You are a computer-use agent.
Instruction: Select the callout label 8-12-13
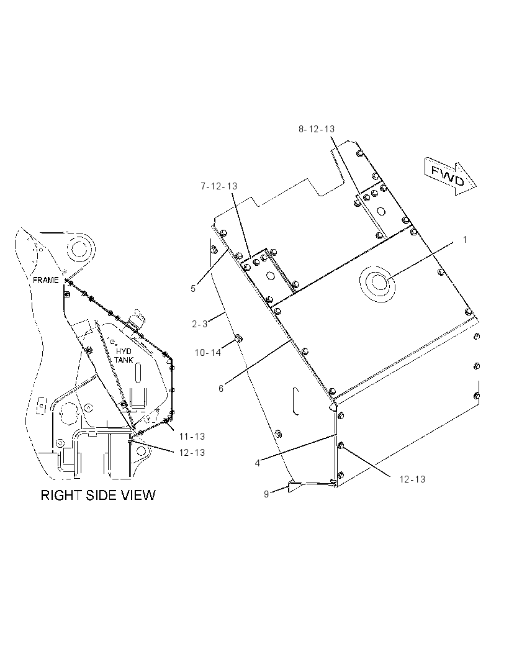pyautogui.click(x=317, y=129)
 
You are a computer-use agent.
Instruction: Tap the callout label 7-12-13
pyautogui.click(x=218, y=186)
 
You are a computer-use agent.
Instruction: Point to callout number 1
pyautogui.click(x=465, y=240)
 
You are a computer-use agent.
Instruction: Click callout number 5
pyautogui.click(x=193, y=289)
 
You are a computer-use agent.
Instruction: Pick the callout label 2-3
pyautogui.click(x=200, y=324)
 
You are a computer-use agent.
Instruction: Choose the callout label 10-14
pyautogui.click(x=208, y=353)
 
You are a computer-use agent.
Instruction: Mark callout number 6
pyautogui.click(x=221, y=388)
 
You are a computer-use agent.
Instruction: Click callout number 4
pyautogui.click(x=257, y=463)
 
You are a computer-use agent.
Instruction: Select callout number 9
pyautogui.click(x=266, y=494)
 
